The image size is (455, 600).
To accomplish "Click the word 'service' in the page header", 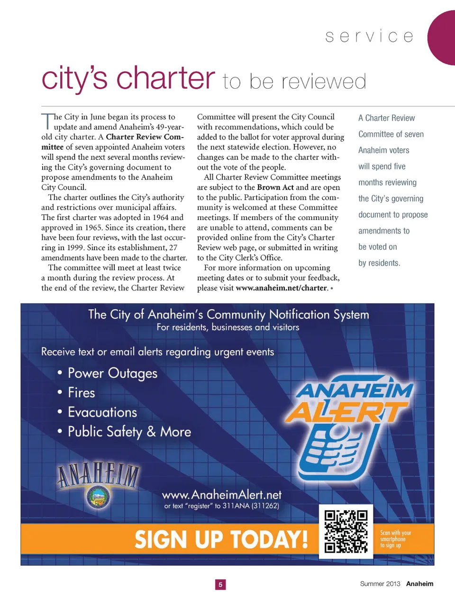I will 369,37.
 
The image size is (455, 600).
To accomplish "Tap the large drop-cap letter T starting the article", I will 47,121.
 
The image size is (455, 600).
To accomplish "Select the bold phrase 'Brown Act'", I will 275,187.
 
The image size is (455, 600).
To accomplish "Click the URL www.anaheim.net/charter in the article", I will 281,288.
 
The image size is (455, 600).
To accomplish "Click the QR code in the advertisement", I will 346,531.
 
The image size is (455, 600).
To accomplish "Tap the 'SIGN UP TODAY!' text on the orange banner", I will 221,540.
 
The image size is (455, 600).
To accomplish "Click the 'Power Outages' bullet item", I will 112,373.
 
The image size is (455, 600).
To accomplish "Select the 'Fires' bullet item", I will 81,393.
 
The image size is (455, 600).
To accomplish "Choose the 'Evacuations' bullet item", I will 102,412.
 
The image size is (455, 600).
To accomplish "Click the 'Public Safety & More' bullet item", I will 129,432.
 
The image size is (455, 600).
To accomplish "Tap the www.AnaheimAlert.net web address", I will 222,495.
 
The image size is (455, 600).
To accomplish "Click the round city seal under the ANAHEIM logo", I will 99,497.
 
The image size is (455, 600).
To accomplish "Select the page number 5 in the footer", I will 220,584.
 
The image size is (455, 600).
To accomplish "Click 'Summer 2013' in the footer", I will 380,584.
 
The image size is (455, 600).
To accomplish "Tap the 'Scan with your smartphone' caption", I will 395,539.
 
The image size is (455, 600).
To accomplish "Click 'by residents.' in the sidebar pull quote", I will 379,263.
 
